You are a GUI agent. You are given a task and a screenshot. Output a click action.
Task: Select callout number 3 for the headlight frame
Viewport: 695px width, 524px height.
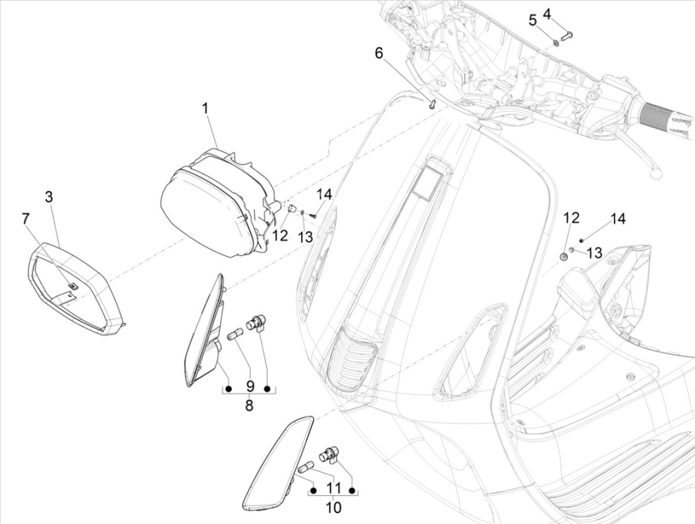pos(49,197)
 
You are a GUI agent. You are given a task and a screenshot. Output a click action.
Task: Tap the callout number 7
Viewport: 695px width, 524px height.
pos(25,219)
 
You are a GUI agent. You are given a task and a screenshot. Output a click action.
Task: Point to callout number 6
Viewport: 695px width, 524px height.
pos(379,53)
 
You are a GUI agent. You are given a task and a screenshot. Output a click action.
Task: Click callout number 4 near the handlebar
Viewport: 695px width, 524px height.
pos(547,13)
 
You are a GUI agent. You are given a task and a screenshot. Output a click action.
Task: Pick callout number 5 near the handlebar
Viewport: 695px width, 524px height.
pos(532,20)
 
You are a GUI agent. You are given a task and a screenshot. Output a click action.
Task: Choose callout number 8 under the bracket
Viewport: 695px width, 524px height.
pos(249,406)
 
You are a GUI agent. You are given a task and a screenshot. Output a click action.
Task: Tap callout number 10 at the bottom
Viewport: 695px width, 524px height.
pos(334,508)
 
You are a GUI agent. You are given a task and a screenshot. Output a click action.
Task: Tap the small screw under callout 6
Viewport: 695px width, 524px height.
pos(431,104)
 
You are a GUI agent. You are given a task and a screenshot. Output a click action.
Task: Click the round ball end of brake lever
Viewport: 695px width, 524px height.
pos(656,172)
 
